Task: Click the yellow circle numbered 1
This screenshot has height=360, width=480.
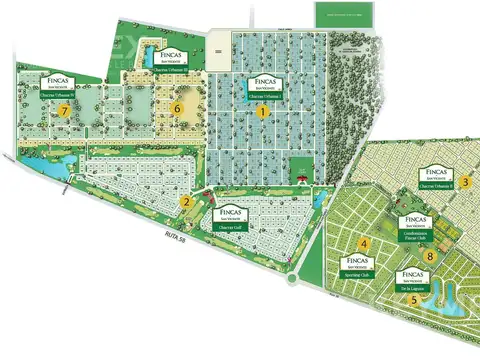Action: [263, 113]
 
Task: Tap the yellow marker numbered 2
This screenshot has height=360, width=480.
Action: [186, 201]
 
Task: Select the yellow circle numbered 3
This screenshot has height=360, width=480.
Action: [466, 181]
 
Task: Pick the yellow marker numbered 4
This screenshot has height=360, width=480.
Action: [365, 244]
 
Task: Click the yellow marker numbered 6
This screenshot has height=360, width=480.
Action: [178, 107]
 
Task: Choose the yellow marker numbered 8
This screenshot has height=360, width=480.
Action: [430, 256]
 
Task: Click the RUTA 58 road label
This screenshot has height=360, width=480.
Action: [150, 238]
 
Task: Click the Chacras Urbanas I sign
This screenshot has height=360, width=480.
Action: [263, 81]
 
